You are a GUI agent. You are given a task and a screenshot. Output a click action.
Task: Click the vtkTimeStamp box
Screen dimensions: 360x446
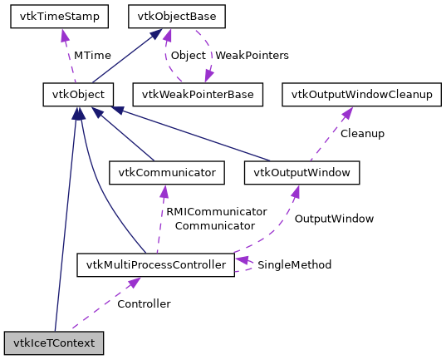pyautogui.click(x=55, y=16)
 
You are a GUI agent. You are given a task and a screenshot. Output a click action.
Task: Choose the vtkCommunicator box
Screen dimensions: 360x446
pyautogui.click(x=167, y=172)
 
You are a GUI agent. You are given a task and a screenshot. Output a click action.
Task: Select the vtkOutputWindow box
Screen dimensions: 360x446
pyautogui.click(x=301, y=172)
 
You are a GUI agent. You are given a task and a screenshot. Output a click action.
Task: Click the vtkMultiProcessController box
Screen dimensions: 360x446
pyautogui.click(x=155, y=265)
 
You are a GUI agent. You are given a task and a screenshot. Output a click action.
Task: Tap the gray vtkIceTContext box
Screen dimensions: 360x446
pyautogui.click(x=54, y=343)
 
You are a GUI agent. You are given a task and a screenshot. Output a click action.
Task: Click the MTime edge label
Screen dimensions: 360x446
pyautogui.click(x=91, y=55)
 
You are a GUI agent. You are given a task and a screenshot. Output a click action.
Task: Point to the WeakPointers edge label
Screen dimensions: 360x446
pyautogui.click(x=252, y=55)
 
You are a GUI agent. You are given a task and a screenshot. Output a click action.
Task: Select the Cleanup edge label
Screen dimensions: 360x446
pyautogui.click(x=362, y=133)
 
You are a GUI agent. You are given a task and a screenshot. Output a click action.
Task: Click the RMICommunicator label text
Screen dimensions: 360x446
pyautogui.click(x=216, y=211)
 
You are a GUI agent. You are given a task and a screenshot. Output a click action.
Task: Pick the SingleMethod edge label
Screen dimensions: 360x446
pyautogui.click(x=294, y=264)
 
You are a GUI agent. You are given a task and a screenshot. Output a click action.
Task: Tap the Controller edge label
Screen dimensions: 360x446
pyautogui.click(x=144, y=303)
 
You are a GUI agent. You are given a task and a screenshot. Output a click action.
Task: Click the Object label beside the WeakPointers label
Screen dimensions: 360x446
pyautogui.click(x=188, y=55)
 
